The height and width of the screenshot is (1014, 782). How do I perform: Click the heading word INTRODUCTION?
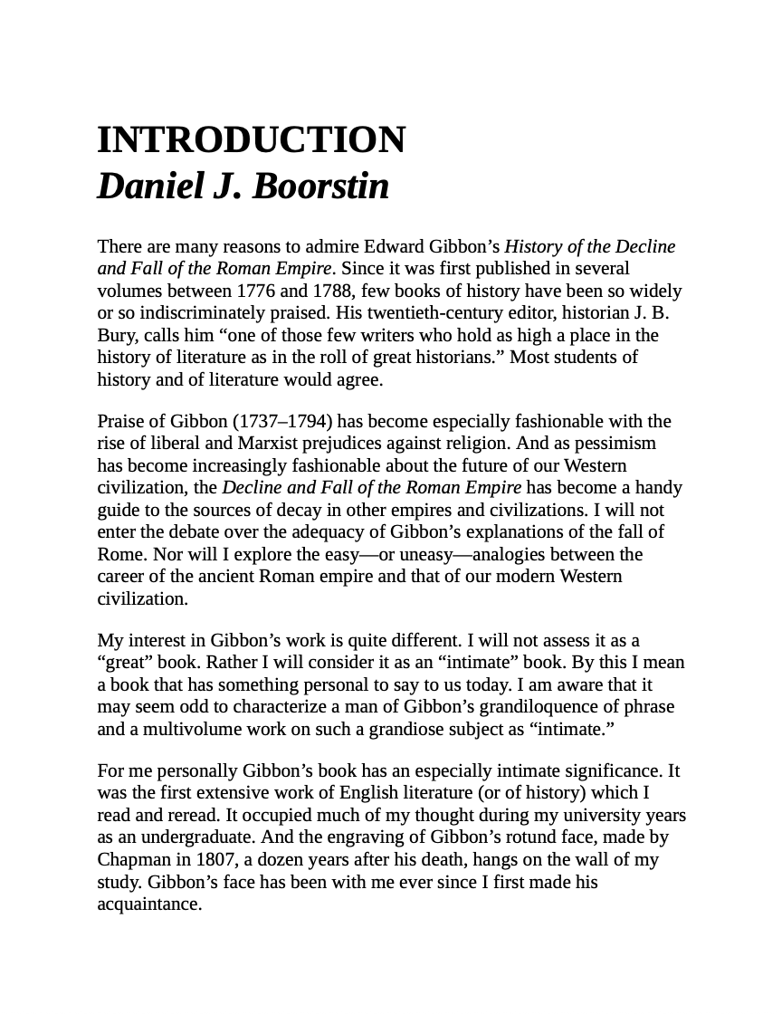252,140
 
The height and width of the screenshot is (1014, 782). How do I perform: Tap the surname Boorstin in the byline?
320,187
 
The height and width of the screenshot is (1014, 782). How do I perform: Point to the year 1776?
257,291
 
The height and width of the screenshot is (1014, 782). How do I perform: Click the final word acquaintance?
149,904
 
